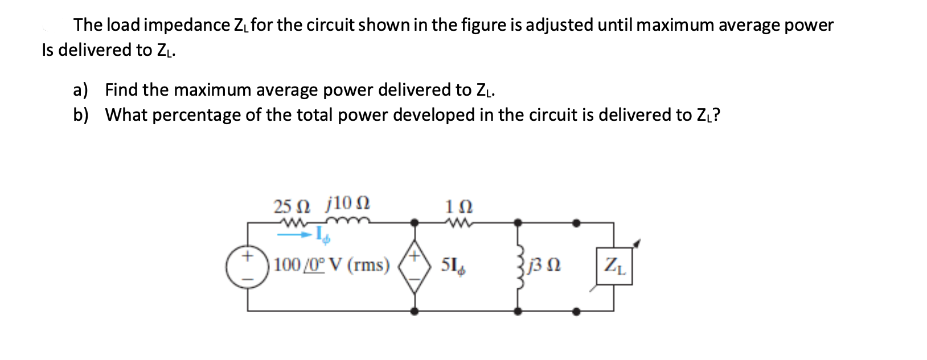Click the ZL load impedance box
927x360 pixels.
coord(614,265)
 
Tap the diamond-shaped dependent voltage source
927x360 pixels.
coord(415,266)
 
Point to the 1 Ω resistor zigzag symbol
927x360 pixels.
coord(459,222)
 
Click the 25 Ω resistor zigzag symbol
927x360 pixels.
coord(293,222)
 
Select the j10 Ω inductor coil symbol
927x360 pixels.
coord(348,222)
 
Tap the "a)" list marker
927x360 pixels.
coord(81,90)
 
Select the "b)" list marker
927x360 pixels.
coord(81,115)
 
